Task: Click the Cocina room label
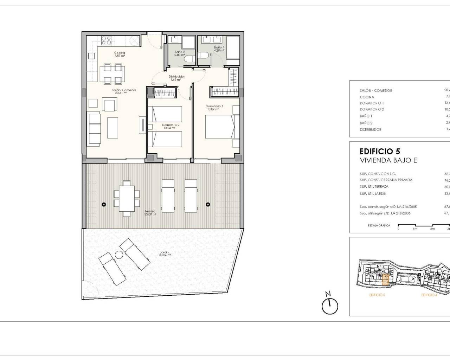120,54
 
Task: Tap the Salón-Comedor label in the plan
119,91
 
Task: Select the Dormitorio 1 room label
214,107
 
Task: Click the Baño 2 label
180,53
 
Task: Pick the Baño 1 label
219,49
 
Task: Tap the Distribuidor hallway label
176,78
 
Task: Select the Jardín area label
165,253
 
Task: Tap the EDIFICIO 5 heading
380,152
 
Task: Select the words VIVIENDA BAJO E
388,161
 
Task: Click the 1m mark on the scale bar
415,228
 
